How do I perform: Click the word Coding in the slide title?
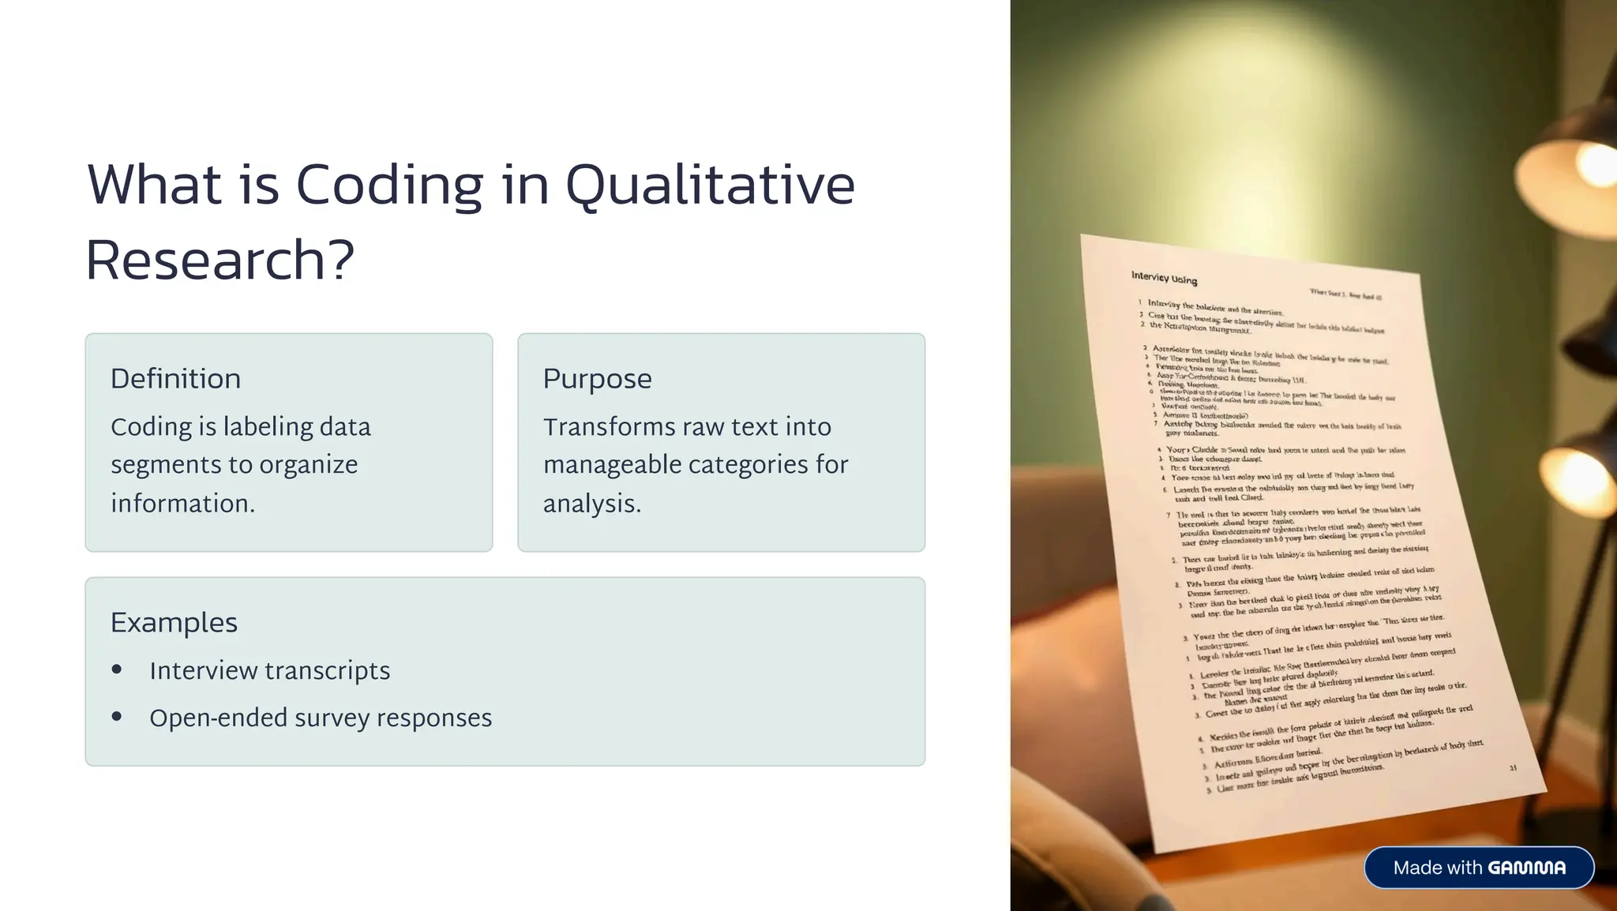coord(389,186)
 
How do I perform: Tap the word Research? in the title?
coord(220,261)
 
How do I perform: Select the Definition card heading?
coord(175,379)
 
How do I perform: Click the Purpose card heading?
coord(597,379)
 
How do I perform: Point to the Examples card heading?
coord(174,623)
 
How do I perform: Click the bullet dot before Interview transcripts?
coord(117,669)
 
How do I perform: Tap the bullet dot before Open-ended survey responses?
coord(117,717)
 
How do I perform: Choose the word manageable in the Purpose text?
coord(612,465)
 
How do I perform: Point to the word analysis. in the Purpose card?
coord(591,504)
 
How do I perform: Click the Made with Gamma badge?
coord(1479,868)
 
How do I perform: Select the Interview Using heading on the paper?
coord(1164,278)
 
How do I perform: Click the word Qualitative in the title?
coord(710,186)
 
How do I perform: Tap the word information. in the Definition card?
coord(182,504)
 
